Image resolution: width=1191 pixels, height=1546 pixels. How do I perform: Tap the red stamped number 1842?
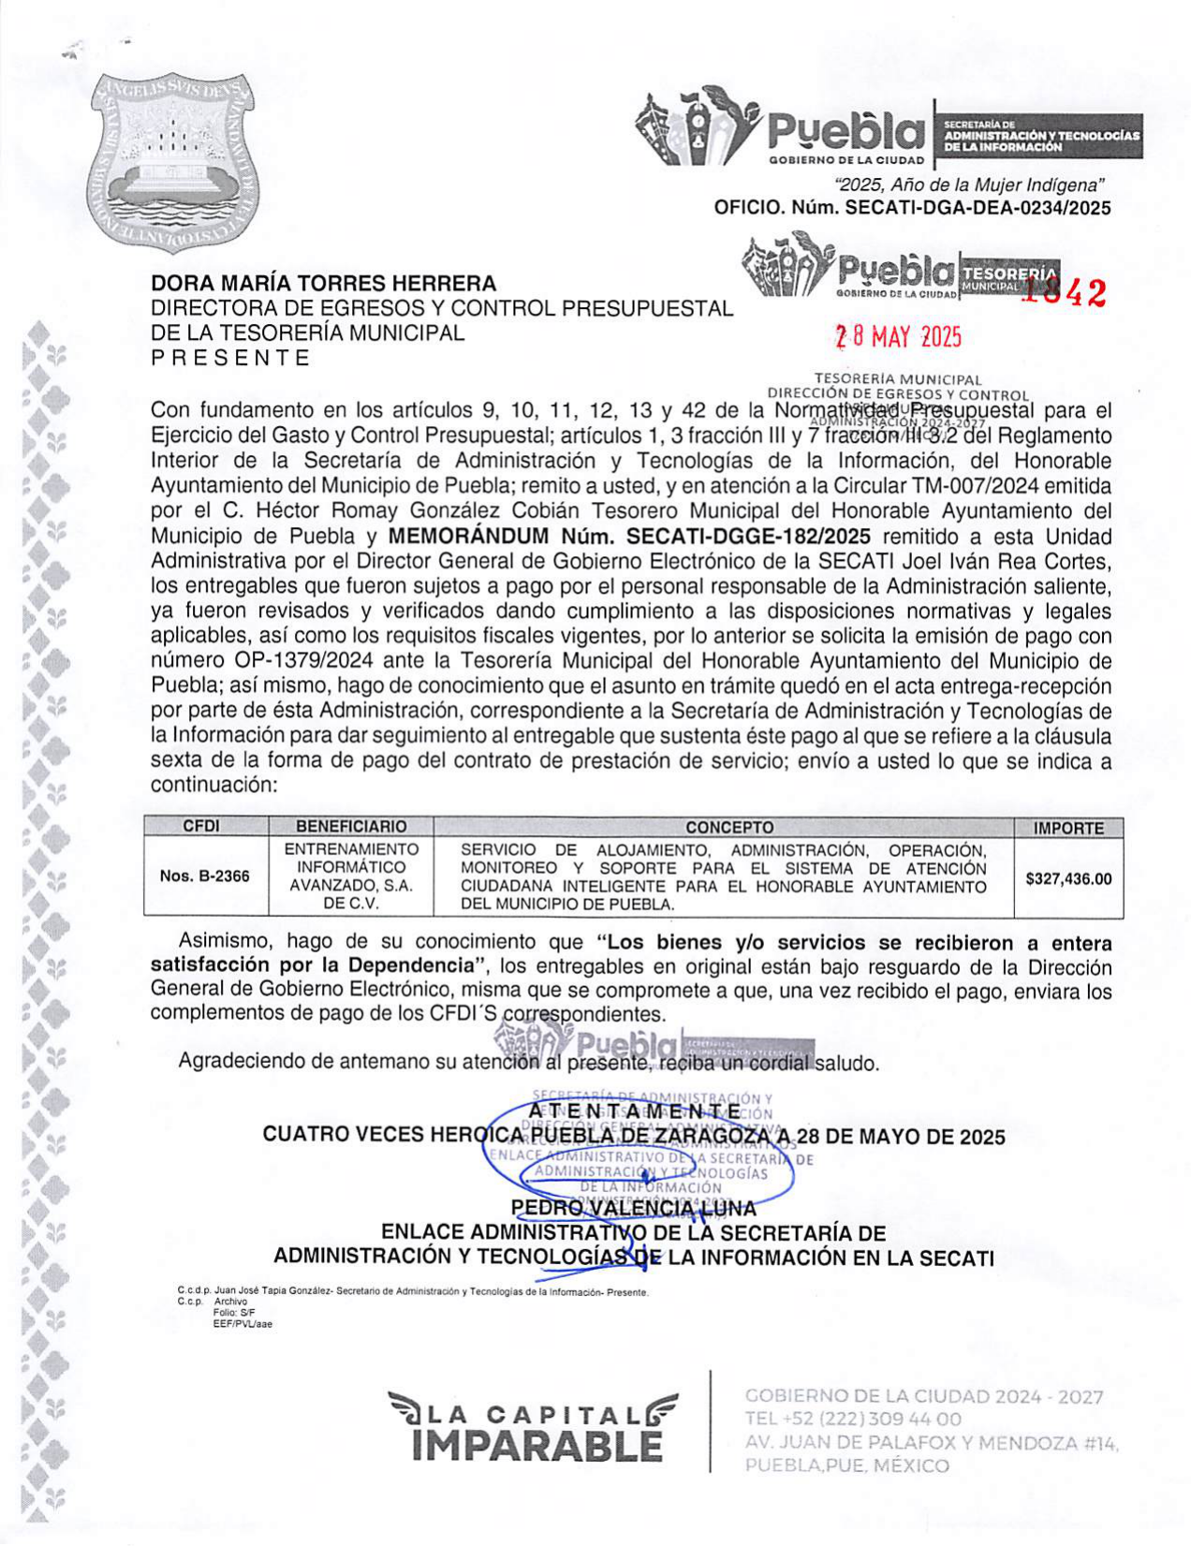(1064, 293)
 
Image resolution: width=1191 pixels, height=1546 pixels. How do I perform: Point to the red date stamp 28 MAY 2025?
(898, 337)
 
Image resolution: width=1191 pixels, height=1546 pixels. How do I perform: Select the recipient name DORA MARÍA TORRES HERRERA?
(324, 283)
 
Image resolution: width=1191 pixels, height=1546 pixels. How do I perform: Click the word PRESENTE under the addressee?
(230, 358)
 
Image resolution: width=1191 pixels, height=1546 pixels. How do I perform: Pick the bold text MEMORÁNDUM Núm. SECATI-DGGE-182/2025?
(628, 537)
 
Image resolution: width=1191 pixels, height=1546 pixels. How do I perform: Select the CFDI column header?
(201, 827)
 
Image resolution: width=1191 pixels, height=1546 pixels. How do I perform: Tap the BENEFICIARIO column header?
(351, 827)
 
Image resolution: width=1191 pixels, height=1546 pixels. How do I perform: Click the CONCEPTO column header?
(729, 827)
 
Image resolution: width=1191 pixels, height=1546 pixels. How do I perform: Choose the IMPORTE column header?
(1068, 828)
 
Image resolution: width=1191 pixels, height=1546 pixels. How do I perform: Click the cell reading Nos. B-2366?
(205, 876)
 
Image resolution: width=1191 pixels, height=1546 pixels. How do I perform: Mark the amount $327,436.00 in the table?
(1068, 878)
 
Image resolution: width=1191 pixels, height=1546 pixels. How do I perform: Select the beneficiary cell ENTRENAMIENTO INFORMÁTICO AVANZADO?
(351, 876)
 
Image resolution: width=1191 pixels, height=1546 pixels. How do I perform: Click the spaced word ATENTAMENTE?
(634, 1111)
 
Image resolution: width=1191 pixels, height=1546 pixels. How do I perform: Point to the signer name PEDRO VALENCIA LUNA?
(634, 1208)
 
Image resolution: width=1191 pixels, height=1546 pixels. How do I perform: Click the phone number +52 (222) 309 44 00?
(853, 1420)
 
